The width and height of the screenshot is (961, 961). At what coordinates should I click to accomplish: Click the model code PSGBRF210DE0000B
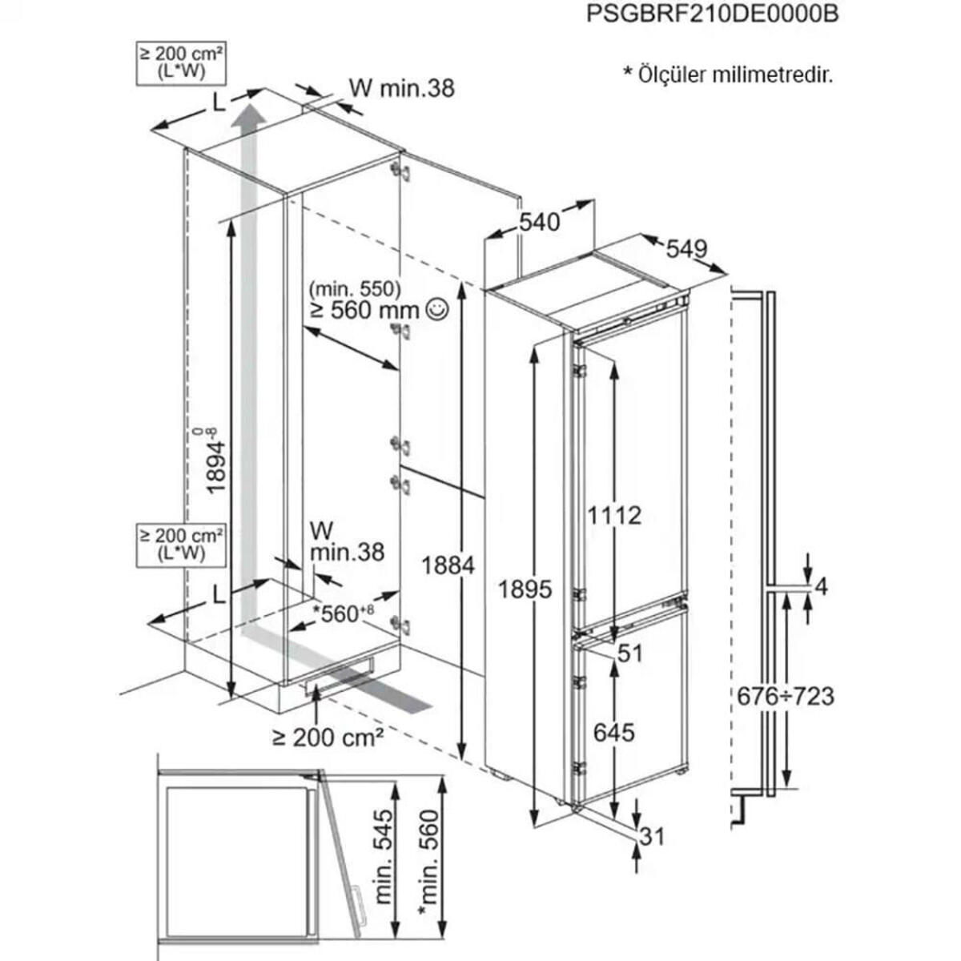point(713,14)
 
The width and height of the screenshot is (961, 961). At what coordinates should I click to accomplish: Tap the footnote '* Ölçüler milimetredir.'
point(728,75)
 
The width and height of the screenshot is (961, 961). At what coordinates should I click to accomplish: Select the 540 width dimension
point(539,222)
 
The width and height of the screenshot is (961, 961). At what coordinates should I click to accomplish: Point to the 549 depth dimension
point(686,249)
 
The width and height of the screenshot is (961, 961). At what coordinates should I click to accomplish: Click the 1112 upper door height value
point(614,515)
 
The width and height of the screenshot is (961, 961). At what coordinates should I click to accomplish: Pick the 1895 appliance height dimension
point(525,589)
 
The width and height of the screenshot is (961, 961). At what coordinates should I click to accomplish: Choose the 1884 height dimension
point(448,565)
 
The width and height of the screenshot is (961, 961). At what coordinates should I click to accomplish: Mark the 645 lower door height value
point(613,732)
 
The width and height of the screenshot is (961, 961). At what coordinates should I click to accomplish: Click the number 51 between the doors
point(630,653)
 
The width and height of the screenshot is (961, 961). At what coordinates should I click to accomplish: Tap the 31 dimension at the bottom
point(653,838)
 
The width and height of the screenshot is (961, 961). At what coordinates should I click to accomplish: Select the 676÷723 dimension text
point(786,696)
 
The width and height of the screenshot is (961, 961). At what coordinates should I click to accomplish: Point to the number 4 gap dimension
point(820,587)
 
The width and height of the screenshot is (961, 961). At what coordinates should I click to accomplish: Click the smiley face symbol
point(437,309)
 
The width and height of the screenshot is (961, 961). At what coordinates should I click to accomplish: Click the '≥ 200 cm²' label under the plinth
point(327,737)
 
